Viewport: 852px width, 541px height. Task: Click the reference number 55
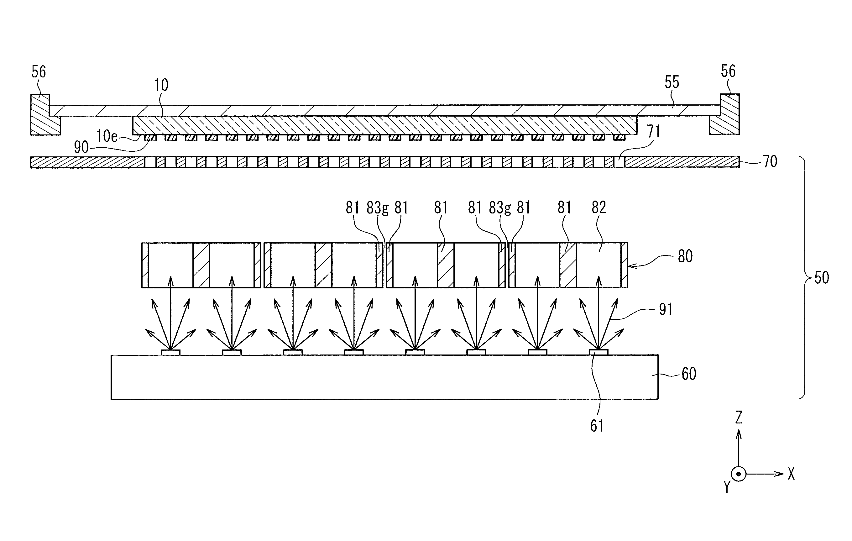click(672, 82)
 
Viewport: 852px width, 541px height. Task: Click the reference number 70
click(770, 162)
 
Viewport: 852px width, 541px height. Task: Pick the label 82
click(599, 207)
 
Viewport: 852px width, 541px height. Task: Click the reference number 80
click(685, 256)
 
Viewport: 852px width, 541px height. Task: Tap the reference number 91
click(666, 310)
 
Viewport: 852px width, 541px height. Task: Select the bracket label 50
click(822, 278)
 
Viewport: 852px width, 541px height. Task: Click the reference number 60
click(688, 374)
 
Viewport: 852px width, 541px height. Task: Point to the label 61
click(597, 426)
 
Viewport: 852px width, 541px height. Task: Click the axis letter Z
click(739, 418)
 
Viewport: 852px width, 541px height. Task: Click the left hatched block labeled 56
click(44, 114)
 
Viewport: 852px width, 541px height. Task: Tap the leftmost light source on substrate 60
click(170, 352)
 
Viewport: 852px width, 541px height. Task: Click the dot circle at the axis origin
click(739, 474)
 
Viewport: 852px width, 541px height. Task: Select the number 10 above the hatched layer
click(161, 85)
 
